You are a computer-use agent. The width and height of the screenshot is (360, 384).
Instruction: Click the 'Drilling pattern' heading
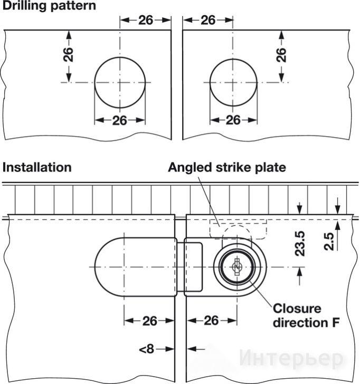click(49, 6)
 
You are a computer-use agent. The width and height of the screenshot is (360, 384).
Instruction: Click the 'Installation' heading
click(37, 168)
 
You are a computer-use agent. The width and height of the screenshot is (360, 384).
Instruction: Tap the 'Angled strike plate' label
click(227, 168)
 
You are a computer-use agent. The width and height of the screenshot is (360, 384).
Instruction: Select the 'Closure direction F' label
click(306, 315)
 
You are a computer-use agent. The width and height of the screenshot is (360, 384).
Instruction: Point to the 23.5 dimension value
click(300, 244)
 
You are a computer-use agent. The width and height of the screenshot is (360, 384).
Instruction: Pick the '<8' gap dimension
click(147, 349)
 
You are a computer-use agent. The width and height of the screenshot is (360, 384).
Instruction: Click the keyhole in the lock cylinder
click(236, 267)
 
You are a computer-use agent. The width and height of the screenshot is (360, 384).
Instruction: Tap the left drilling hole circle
click(120, 57)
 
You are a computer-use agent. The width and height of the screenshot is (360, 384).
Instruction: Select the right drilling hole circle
click(233, 59)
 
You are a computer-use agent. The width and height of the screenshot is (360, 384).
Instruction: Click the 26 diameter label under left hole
click(120, 120)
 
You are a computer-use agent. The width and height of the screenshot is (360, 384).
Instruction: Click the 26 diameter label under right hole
click(233, 120)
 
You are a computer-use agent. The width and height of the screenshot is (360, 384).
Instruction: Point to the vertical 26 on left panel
click(68, 55)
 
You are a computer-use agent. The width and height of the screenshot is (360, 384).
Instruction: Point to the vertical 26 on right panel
click(281, 55)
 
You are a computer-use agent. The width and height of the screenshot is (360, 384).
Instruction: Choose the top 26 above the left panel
click(146, 20)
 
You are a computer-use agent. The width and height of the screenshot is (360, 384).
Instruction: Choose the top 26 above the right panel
click(208, 20)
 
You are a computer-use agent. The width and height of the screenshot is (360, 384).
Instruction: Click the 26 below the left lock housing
click(150, 321)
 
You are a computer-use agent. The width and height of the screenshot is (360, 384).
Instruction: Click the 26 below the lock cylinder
click(211, 321)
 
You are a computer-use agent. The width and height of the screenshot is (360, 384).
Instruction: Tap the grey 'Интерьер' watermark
click(291, 359)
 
